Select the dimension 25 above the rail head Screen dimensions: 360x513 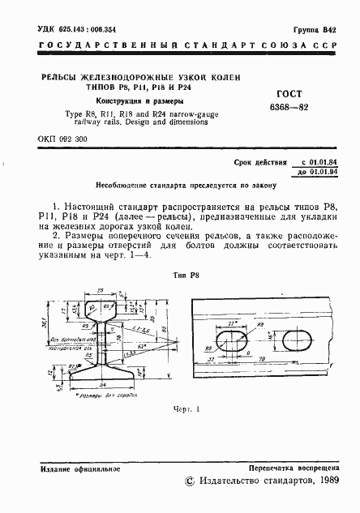100,289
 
